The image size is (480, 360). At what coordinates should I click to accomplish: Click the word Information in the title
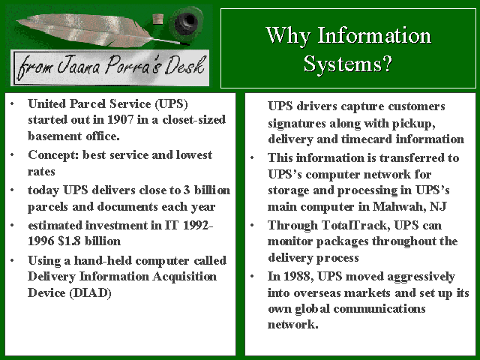click(374, 35)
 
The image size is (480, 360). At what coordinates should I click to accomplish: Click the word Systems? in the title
click(348, 64)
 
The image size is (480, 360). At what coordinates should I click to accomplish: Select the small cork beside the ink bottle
click(158, 19)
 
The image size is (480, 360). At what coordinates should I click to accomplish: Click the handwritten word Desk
click(184, 64)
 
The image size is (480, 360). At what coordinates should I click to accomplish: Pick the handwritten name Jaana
click(79, 65)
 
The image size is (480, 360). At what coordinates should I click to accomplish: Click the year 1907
click(120, 120)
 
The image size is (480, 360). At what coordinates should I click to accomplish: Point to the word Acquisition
click(184, 277)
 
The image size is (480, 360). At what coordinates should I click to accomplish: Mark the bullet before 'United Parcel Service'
click(12, 104)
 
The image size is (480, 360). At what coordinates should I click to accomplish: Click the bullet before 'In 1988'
click(252, 277)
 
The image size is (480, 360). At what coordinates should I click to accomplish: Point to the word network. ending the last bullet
click(293, 325)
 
